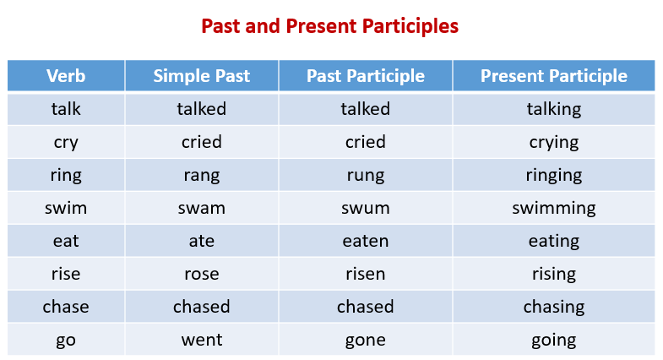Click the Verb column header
[66, 76]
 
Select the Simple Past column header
[201, 76]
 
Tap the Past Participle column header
[365, 76]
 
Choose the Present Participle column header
[553, 76]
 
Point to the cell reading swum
[365, 208]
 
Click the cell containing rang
[201, 175]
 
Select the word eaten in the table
[365, 241]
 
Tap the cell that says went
[201, 340]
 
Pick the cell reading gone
[365, 340]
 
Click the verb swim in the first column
[66, 208]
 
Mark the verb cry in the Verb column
[66, 142]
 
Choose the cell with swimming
[553, 208]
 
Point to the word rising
[553, 274]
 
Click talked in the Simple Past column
[201, 109]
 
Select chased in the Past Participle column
[365, 307]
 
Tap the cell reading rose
[201, 274]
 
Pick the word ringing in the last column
[553, 175]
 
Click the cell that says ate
[201, 241]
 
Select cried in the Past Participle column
[365, 142]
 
